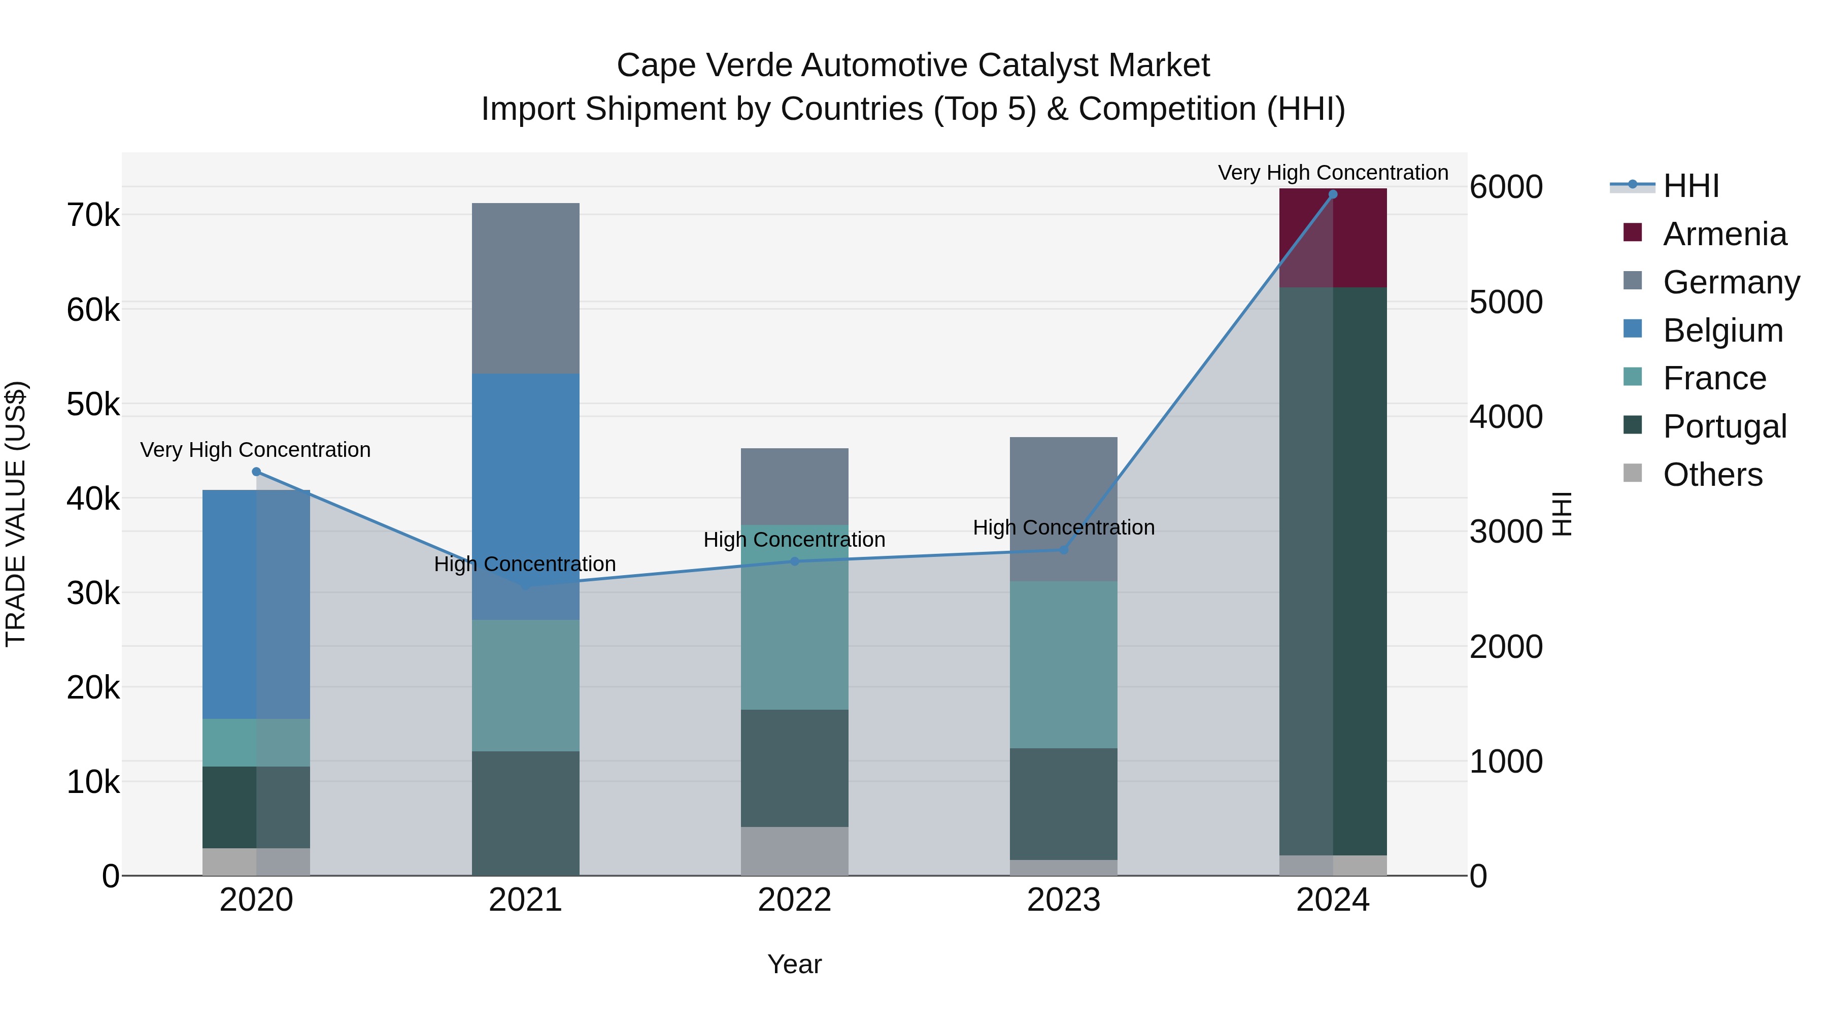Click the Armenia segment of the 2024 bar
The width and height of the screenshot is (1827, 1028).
1332,239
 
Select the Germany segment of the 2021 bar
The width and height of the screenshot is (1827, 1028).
526,288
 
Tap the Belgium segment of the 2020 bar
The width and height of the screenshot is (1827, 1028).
256,604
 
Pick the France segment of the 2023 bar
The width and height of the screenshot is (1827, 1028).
1063,664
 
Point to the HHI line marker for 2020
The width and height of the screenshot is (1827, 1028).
256,472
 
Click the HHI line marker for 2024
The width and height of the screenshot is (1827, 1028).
1332,194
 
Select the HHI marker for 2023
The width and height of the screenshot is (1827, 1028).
1063,550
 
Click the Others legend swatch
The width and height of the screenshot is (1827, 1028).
1633,473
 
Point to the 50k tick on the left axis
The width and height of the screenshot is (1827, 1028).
93,405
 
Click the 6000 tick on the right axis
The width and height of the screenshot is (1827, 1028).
1506,187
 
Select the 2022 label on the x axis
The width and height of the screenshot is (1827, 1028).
794,900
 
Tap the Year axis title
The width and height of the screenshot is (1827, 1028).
794,964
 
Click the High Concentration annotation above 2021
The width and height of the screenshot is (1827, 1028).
525,564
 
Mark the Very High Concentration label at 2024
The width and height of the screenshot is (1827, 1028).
1333,173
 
